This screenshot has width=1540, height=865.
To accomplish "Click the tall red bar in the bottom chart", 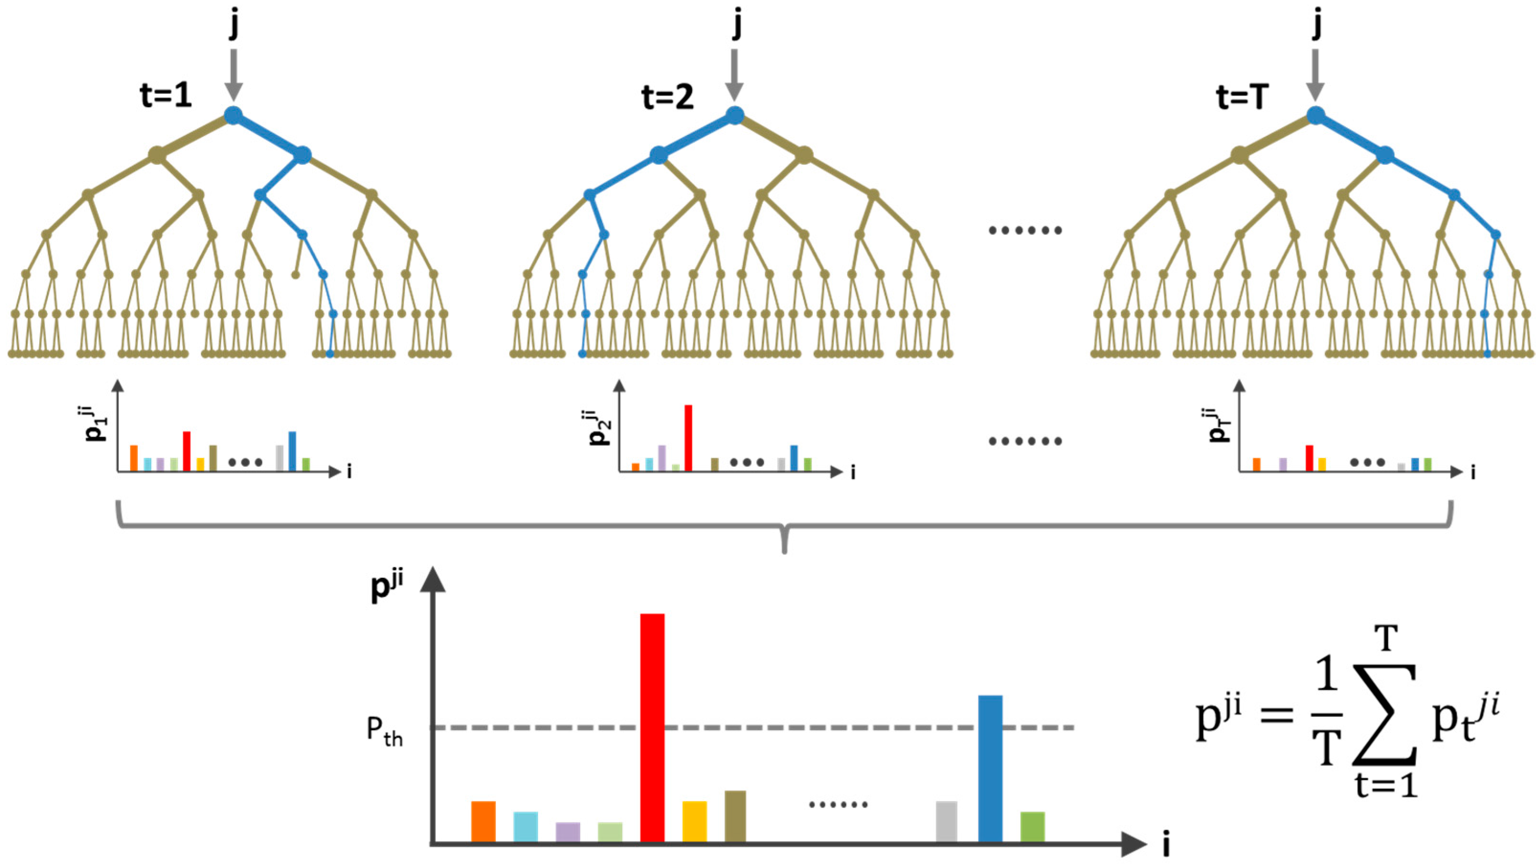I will (652, 727).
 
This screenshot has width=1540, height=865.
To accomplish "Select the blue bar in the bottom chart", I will (990, 768).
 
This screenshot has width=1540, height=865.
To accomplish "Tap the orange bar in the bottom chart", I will (483, 821).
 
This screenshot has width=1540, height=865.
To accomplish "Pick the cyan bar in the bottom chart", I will (525, 826).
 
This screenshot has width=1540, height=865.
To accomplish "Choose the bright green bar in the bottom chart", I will (1032, 826).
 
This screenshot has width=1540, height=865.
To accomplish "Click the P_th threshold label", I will (384, 731).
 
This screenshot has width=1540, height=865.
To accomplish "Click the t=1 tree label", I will (166, 96).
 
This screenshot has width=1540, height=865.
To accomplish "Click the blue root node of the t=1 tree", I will (233, 115).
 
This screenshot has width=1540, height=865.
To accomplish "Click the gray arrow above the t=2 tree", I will (735, 75).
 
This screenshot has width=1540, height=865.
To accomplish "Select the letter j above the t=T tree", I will (1316, 25).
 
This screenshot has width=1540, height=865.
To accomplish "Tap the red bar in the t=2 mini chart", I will (688, 438).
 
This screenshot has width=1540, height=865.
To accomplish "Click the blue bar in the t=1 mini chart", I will (292, 451).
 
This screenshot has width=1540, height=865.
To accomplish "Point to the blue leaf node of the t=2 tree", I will (582, 354).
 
